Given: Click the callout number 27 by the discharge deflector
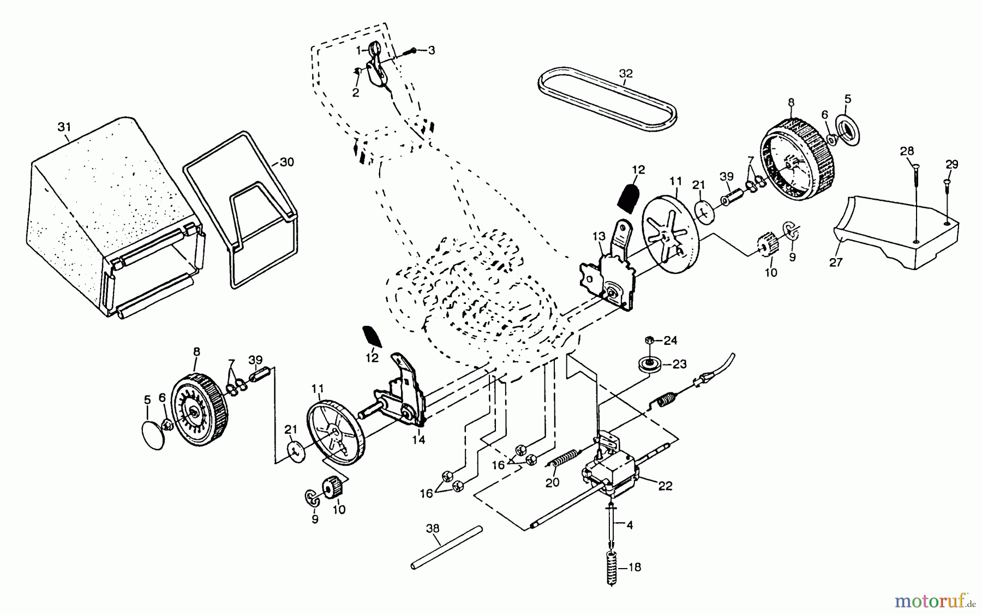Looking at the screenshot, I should point(836,262).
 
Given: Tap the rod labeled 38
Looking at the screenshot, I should point(447,547).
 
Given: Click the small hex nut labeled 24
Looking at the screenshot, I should point(649,341).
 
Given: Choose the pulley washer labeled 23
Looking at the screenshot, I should point(649,364).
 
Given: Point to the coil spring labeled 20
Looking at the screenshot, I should point(561,458).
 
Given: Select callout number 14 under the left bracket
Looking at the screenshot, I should point(418,440).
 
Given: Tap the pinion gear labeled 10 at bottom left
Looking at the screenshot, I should point(332,487).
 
